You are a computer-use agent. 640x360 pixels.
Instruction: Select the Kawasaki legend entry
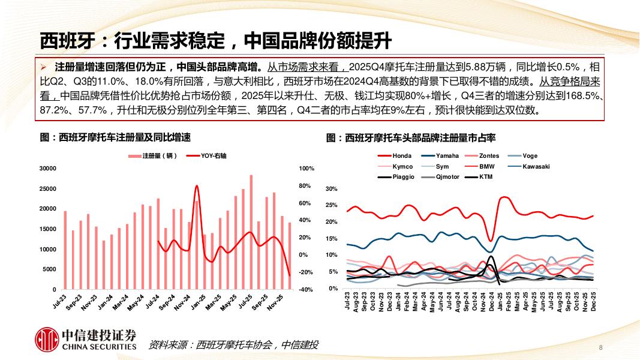(x=536, y=166)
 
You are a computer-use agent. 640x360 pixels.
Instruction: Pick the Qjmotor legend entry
(x=447, y=177)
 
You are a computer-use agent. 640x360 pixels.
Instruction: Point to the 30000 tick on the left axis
(x=48, y=169)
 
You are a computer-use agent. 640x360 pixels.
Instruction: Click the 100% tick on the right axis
(x=307, y=169)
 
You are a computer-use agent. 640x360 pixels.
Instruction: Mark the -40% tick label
(x=306, y=290)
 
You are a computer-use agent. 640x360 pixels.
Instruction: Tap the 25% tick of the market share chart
(x=331, y=206)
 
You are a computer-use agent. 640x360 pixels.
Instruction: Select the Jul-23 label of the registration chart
(x=59, y=301)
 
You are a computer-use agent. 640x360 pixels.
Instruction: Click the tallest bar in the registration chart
(x=251, y=232)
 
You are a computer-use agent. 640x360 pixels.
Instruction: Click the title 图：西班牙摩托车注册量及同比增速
(x=115, y=138)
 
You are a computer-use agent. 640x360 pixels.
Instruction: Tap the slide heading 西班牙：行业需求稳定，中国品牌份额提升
(x=215, y=40)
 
